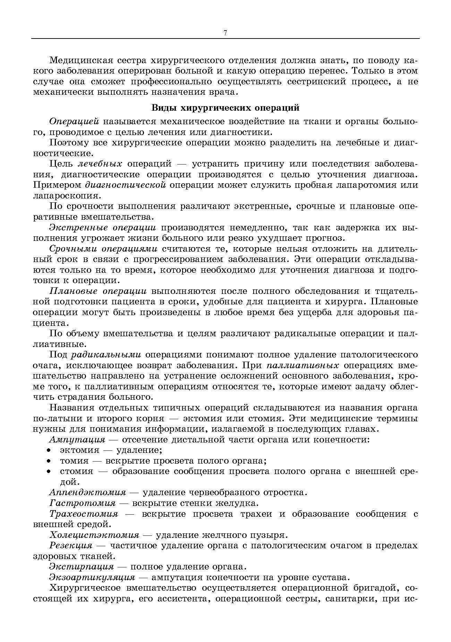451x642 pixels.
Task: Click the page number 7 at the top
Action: click(225, 33)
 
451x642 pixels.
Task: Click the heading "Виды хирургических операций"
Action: click(226, 108)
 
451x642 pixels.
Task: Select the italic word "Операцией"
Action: click(74, 121)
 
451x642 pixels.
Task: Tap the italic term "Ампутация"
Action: click(77, 440)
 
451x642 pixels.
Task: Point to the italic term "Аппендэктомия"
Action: click(87, 492)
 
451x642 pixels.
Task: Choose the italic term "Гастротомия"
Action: click(82, 503)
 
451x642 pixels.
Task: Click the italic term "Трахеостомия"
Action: click(84, 514)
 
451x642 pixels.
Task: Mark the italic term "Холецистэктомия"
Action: click(94, 535)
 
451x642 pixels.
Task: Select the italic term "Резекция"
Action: click(71, 546)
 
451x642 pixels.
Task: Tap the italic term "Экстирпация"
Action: click(82, 567)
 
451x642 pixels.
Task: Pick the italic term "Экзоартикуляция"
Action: click(92, 577)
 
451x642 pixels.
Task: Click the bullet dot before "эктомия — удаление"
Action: click(49, 450)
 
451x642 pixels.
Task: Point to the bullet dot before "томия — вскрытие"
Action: click(49, 461)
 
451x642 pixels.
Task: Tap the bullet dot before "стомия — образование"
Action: click(49, 472)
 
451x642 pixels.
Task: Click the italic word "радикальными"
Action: click(106, 355)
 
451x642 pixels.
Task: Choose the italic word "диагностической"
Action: click(125, 185)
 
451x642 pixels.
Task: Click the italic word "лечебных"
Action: click(100, 164)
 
